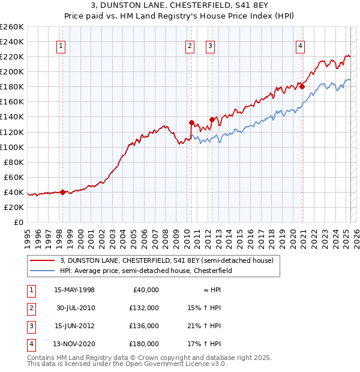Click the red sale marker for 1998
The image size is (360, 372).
(62, 192)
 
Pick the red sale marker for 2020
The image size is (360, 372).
(302, 86)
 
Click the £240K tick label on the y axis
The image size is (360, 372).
(11, 41)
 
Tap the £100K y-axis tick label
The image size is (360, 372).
(11, 147)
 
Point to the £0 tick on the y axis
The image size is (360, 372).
(19, 222)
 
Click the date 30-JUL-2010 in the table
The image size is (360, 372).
(74, 308)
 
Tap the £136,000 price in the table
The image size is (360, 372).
(144, 326)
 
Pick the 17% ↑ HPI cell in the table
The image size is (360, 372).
(205, 344)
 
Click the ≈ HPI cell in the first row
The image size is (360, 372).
(209, 290)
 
